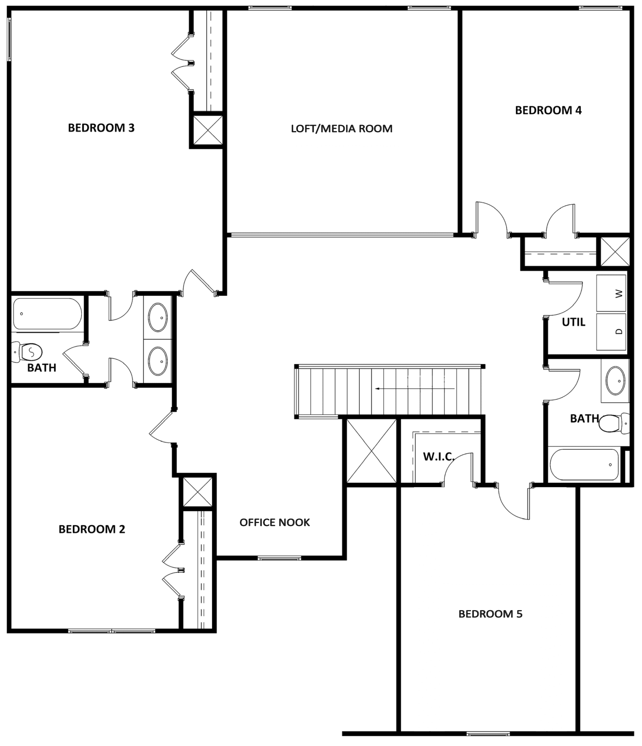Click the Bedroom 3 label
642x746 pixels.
[101, 128]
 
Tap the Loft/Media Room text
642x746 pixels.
[341, 128]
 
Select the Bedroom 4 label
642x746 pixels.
[548, 110]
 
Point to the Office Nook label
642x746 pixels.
[275, 522]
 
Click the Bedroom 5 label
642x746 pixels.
[490, 614]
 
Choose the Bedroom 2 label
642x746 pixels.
[92, 529]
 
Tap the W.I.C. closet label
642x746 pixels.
[439, 456]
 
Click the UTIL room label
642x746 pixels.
[574, 322]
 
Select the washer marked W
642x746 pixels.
[611, 293]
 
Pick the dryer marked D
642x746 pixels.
[611, 331]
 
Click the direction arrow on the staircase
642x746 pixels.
[415, 389]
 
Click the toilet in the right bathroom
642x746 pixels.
[614, 423]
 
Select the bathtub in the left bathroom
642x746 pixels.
[47, 314]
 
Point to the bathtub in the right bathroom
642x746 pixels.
[584, 465]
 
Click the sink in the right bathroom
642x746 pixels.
[616, 380]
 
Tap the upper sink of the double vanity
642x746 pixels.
[158, 317]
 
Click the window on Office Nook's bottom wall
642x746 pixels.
[279, 558]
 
